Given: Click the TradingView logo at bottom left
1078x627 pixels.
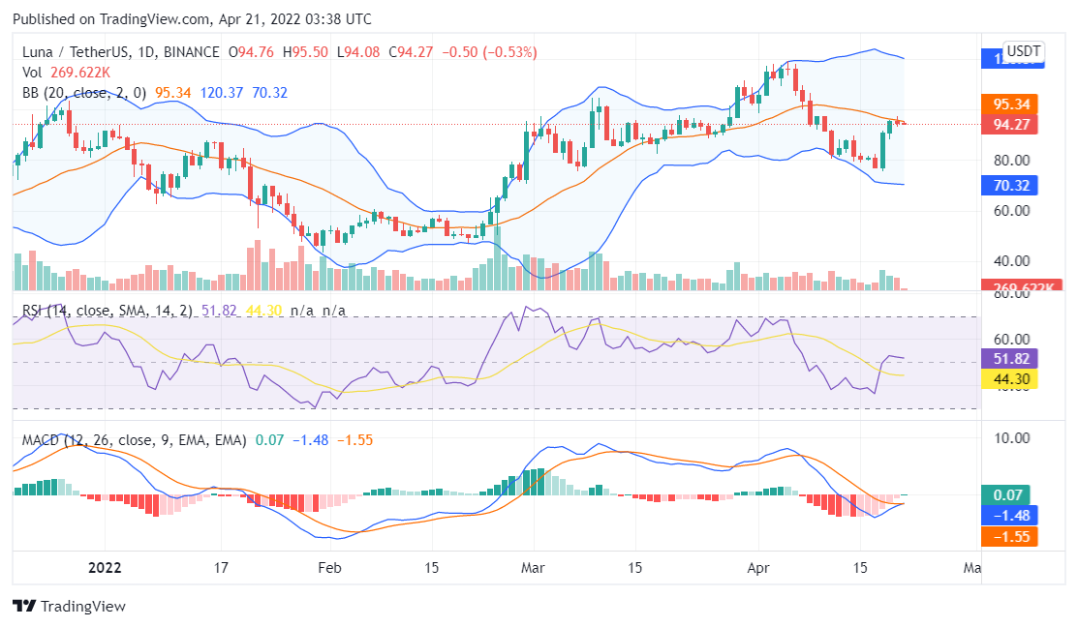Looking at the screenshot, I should pyautogui.click(x=69, y=607).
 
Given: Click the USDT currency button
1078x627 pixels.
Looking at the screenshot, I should pyautogui.click(x=1023, y=51).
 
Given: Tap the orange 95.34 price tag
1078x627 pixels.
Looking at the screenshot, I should pyautogui.click(x=1009, y=104).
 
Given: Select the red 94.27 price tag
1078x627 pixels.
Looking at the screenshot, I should pyautogui.click(x=1009, y=124).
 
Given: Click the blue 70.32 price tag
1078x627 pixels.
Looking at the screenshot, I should pyautogui.click(x=1009, y=184).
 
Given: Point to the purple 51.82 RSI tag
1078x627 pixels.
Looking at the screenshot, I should pyautogui.click(x=1009, y=358).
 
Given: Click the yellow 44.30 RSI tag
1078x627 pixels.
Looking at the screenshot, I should pyautogui.click(x=1009, y=378).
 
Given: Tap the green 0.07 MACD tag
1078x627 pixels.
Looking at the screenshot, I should pyautogui.click(x=1009, y=494).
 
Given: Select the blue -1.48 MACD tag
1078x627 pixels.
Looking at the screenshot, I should pyautogui.click(x=1009, y=515).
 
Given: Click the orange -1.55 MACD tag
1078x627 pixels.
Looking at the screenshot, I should pyautogui.click(x=1009, y=536).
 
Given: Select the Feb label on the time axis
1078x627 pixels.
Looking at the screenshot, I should pyautogui.click(x=331, y=568).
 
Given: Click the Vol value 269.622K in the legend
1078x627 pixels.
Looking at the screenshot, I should pyautogui.click(x=80, y=72).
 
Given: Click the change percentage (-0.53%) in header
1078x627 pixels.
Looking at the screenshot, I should pyautogui.click(x=504, y=52).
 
